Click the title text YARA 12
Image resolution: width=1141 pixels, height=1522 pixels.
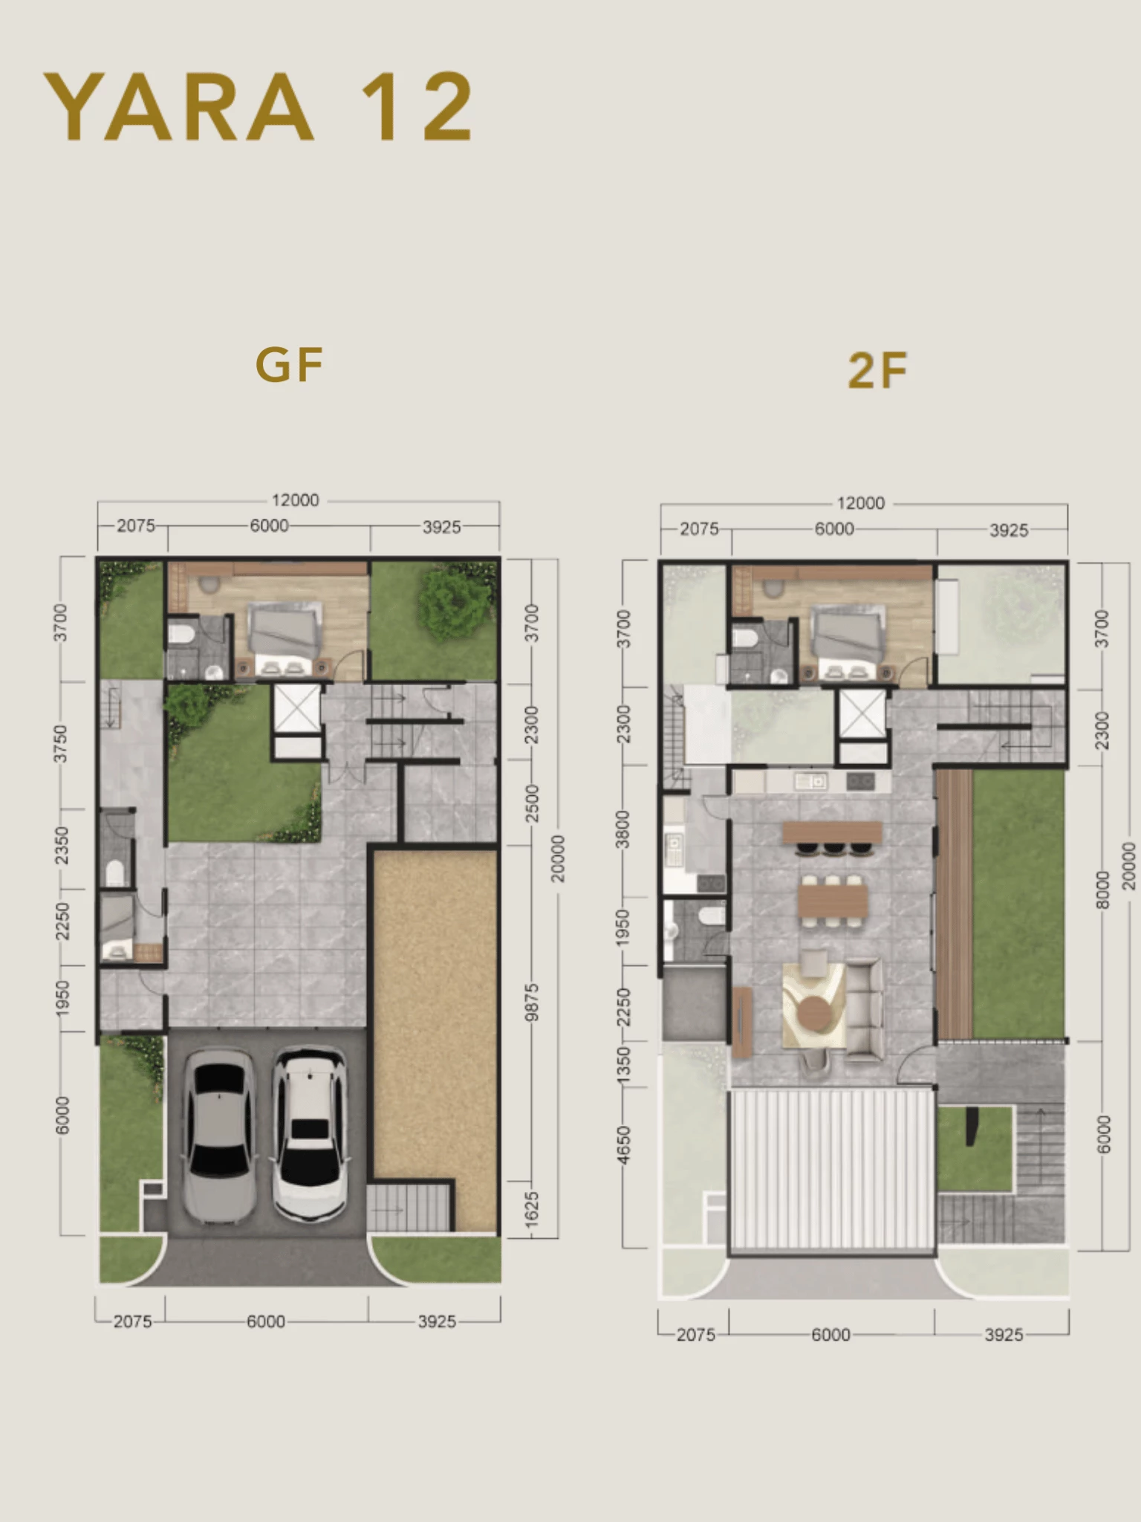[259, 106]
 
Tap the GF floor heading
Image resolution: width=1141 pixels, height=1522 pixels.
[290, 364]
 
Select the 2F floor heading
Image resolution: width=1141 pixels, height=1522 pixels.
[877, 370]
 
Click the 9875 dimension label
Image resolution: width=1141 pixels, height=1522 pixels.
[531, 1003]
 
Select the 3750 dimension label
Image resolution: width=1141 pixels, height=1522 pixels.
[61, 744]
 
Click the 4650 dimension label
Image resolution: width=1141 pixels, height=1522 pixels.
[623, 1145]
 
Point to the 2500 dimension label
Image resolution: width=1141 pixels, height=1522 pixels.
[531, 803]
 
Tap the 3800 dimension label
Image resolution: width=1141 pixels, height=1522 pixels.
[623, 829]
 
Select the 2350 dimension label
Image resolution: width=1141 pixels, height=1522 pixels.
[61, 846]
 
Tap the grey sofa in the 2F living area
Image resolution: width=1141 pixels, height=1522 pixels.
[864, 1008]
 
